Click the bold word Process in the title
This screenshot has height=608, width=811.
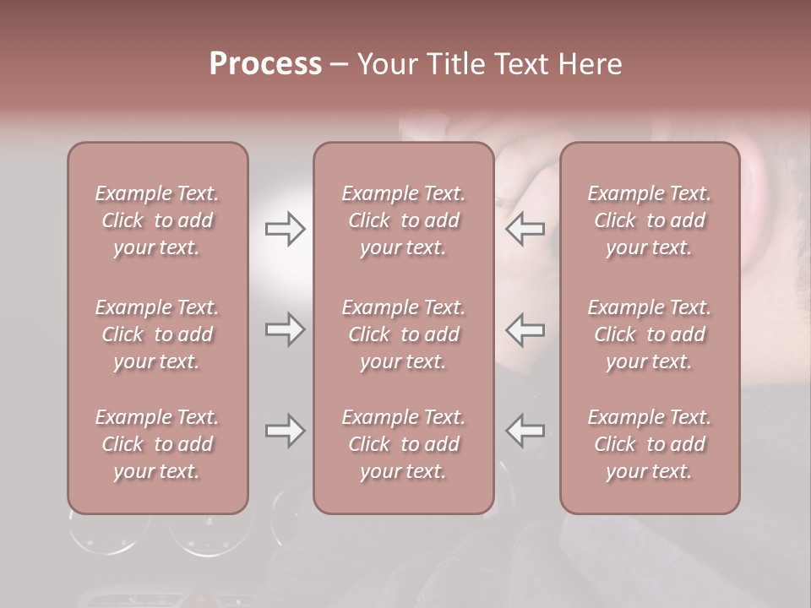(265, 64)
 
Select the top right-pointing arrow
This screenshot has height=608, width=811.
(285, 229)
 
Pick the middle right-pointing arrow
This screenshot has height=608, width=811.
(285, 329)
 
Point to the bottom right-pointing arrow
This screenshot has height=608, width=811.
(285, 431)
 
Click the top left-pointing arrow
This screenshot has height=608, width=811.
(525, 229)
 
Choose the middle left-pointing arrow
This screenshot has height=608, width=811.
(525, 329)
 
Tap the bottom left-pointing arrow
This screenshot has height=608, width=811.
(525, 431)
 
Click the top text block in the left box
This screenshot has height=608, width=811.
(157, 220)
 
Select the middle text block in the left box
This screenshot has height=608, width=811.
(157, 334)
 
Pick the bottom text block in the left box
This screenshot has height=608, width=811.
(157, 444)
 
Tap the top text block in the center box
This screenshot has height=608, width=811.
(404, 220)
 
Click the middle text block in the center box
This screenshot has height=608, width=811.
(404, 334)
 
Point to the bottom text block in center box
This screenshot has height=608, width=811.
(404, 444)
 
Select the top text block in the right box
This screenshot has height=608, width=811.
(650, 220)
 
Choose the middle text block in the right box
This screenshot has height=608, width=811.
(650, 334)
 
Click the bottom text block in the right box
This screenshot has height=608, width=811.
(650, 444)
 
